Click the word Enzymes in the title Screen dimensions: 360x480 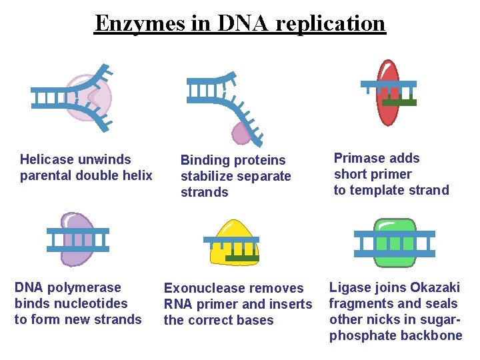click(x=137, y=23)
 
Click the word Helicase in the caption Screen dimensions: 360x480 click(x=46, y=159)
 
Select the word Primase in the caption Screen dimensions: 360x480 click(x=358, y=158)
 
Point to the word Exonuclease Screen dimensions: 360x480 click(x=205, y=288)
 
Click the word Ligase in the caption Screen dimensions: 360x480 click(x=348, y=287)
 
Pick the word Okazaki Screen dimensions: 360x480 click(x=435, y=287)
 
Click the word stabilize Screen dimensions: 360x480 click(x=209, y=176)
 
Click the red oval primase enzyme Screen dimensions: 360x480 click(x=388, y=110)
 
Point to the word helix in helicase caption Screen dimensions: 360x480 click(x=137, y=175)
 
